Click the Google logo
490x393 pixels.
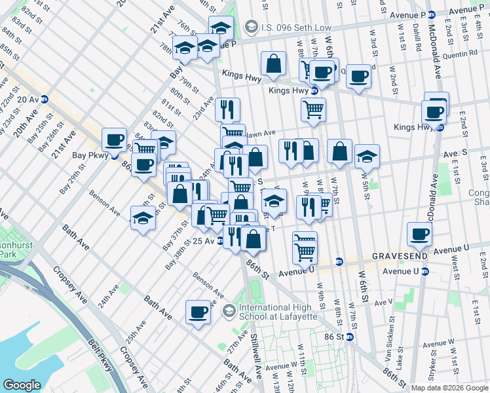[22, 385]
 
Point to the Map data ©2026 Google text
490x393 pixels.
[449, 388]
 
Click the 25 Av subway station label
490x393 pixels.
[205, 241]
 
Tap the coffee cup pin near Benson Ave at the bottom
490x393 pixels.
[198, 312]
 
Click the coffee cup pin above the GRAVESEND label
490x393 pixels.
[419, 234]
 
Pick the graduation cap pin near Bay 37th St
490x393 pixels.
[142, 218]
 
